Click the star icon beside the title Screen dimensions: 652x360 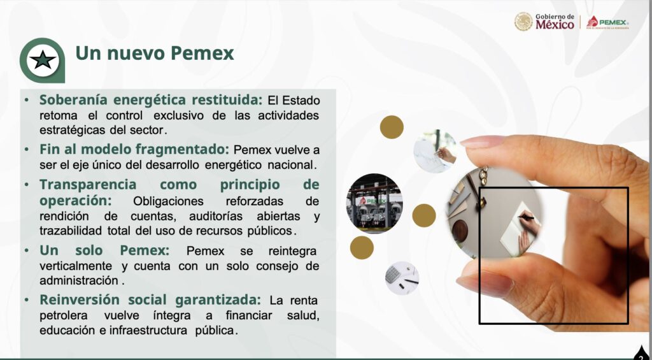(x=43, y=61)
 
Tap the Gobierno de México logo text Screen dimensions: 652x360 (x=555, y=22)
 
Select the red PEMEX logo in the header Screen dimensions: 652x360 (x=607, y=22)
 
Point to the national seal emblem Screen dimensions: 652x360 (x=523, y=22)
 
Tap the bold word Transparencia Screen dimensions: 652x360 (x=88, y=185)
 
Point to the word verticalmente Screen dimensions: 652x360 (x=76, y=266)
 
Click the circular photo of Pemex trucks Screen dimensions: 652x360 (x=374, y=203)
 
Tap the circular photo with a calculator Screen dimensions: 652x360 (x=402, y=278)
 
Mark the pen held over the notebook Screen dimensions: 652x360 (x=526, y=217)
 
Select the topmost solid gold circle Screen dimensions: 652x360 (x=392, y=127)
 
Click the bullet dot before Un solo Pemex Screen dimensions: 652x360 (x=27, y=251)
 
